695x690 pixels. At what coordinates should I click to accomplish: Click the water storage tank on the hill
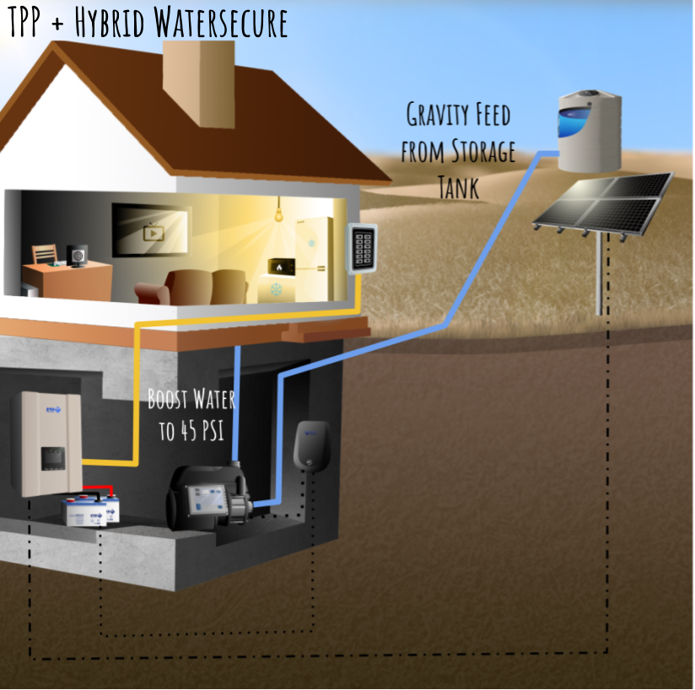coord(589,131)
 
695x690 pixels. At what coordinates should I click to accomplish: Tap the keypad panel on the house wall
coord(362,248)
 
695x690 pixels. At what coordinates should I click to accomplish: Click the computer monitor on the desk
coord(78,255)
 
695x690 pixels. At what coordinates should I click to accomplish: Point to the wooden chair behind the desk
coord(45,254)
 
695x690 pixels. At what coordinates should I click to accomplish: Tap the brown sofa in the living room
coord(193,287)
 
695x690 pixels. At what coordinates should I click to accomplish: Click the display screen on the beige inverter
coord(54,458)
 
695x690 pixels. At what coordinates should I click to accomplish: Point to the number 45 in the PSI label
coord(189,433)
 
